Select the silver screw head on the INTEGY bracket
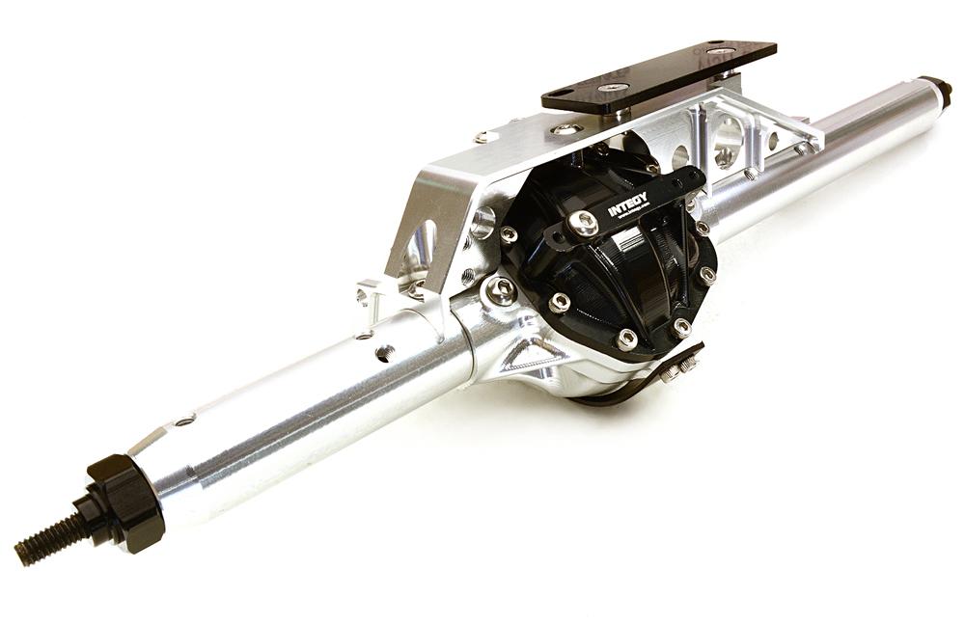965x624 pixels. pos(582,224)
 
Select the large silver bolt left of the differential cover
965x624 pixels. pos(499,290)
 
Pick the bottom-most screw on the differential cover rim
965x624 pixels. pos(626,339)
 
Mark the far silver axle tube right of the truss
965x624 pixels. pos(849,145)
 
